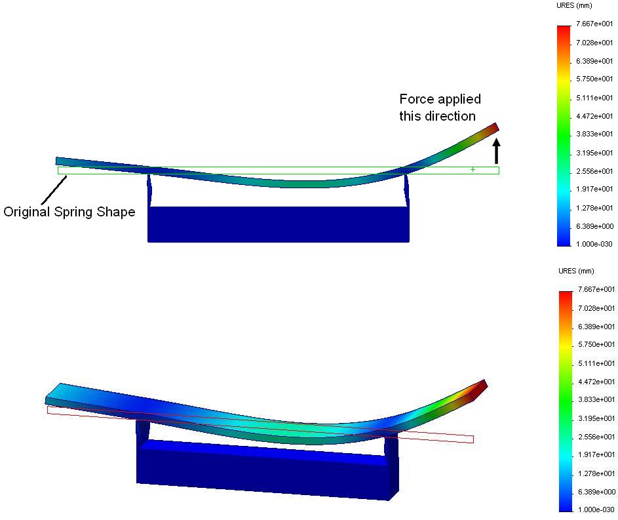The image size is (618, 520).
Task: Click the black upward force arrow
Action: (496, 151)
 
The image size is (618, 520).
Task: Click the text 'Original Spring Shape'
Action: (69, 212)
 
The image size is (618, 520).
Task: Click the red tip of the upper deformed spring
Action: (493, 127)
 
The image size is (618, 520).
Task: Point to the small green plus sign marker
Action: (473, 170)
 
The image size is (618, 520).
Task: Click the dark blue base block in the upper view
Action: (279, 224)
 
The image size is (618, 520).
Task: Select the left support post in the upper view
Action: (150, 190)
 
